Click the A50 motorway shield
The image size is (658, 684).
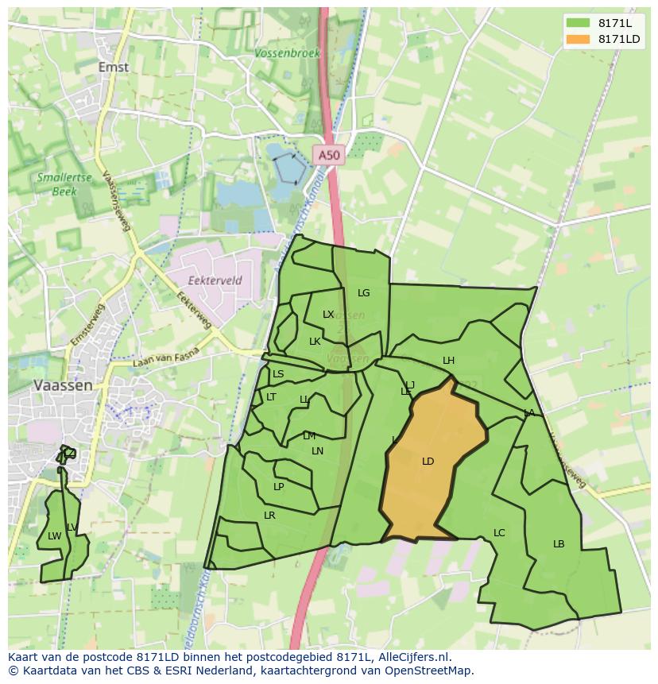click(x=328, y=156)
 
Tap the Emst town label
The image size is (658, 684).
click(x=114, y=67)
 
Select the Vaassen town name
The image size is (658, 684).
click(x=63, y=385)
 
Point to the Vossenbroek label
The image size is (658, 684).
click(x=287, y=53)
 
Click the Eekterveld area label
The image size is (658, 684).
click(x=215, y=280)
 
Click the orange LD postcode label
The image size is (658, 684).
click(x=428, y=461)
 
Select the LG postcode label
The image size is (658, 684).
click(x=363, y=292)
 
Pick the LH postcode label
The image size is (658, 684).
click(x=448, y=361)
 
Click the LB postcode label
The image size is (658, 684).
click(x=559, y=543)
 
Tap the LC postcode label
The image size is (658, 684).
click(x=499, y=532)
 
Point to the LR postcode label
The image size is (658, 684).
click(x=269, y=516)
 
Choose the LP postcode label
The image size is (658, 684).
click(x=278, y=486)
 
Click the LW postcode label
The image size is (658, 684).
click(x=54, y=535)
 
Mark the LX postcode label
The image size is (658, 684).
click(x=328, y=314)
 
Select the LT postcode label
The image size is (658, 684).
click(x=271, y=396)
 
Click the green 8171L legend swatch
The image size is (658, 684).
click(x=578, y=23)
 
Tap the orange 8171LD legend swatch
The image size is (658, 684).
click(x=578, y=39)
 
